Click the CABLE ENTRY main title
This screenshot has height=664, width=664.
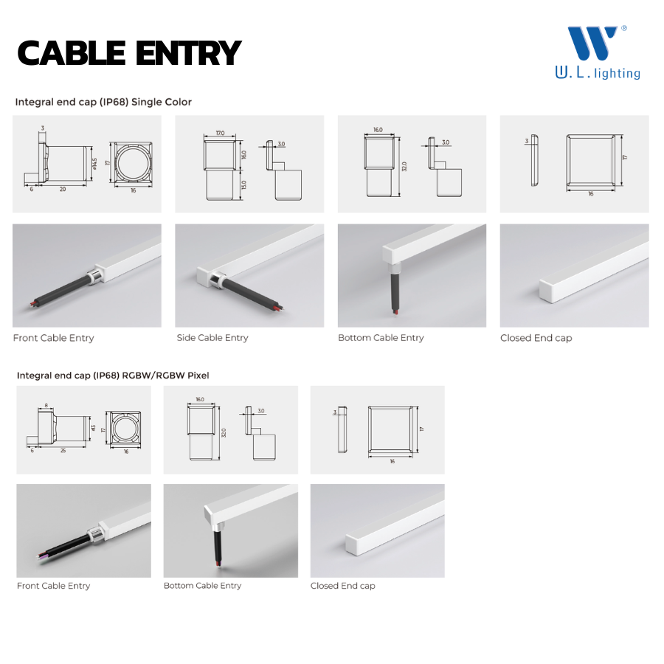click(x=129, y=53)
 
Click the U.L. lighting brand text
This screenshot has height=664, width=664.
click(x=598, y=73)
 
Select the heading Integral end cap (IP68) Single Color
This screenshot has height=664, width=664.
click(x=103, y=102)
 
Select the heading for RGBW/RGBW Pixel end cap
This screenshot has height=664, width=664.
click(x=113, y=376)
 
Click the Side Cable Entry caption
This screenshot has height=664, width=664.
click(x=212, y=337)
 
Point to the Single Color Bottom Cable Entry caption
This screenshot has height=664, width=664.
click(x=381, y=337)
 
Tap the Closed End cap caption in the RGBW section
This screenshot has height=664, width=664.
click(x=342, y=586)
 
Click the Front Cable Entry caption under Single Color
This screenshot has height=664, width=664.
click(x=53, y=338)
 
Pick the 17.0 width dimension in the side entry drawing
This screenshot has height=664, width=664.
click(x=220, y=133)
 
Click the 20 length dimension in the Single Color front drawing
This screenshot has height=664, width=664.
click(x=63, y=190)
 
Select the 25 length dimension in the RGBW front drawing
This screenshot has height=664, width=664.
click(x=63, y=451)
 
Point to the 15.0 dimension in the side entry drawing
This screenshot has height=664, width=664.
click(x=244, y=184)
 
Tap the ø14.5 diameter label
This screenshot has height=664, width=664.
click(x=94, y=164)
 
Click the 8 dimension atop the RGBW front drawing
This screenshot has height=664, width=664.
click(x=46, y=406)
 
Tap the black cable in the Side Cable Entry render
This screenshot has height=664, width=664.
click(x=250, y=292)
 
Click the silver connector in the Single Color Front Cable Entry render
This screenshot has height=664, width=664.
click(x=94, y=275)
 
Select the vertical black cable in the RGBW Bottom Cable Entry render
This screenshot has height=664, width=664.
click(x=218, y=546)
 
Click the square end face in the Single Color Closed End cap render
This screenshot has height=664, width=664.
click(x=546, y=291)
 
